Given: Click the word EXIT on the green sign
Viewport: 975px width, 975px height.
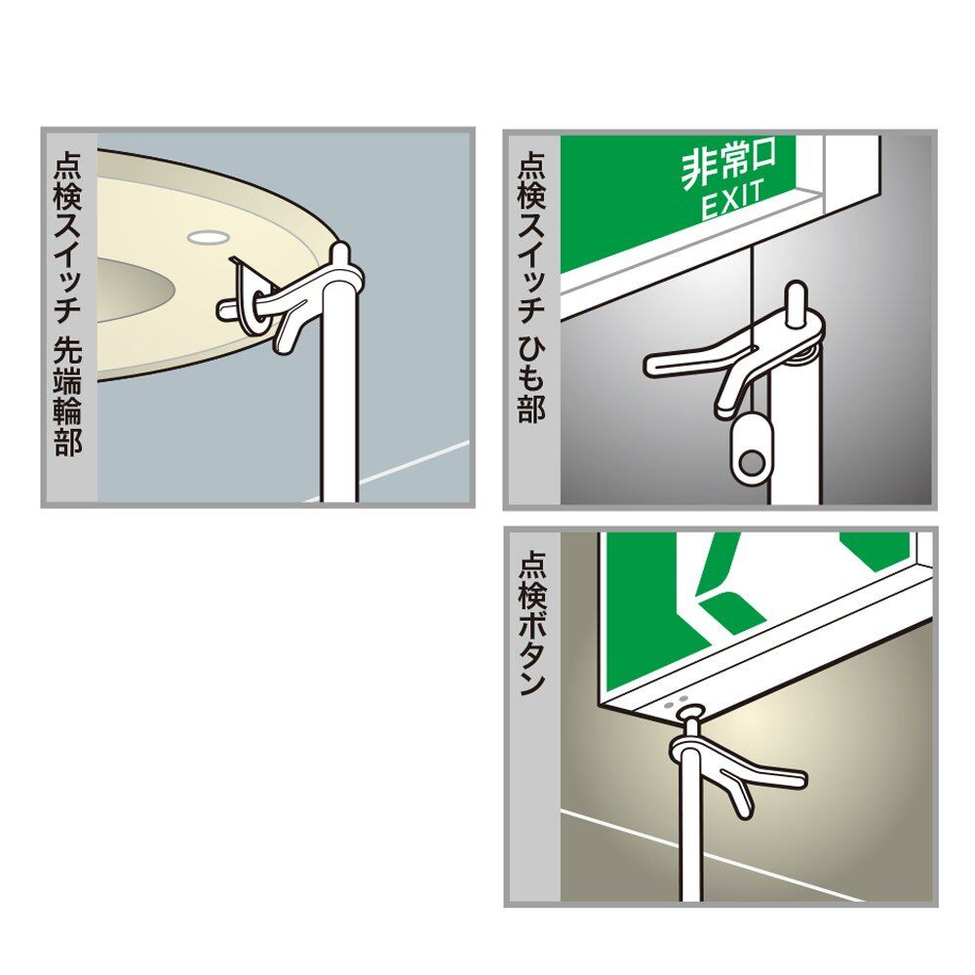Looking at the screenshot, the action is pyautogui.click(x=732, y=200).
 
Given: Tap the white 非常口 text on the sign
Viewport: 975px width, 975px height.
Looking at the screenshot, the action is pyautogui.click(x=728, y=164).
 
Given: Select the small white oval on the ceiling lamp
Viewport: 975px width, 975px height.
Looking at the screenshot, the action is pyautogui.click(x=208, y=236).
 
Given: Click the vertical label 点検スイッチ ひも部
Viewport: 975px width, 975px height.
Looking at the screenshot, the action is pyautogui.click(x=531, y=286).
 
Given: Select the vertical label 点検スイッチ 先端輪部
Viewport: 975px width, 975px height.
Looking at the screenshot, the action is pyautogui.click(x=68, y=304).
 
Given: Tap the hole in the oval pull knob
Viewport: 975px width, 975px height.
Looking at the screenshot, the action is pyautogui.click(x=753, y=462).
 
